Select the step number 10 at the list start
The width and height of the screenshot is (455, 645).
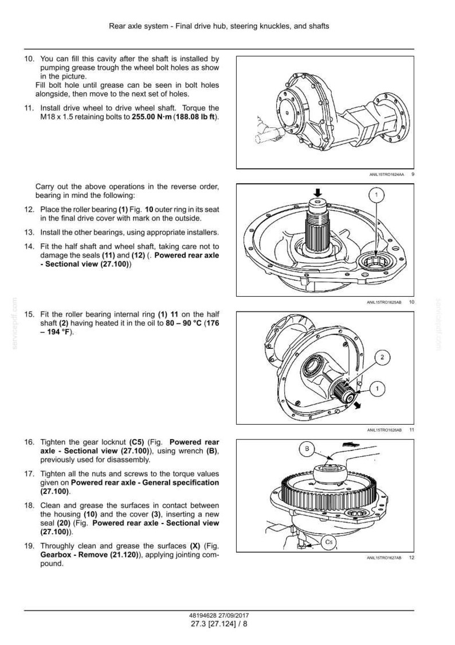coord(29,59)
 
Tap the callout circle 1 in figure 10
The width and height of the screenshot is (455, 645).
coord(377,195)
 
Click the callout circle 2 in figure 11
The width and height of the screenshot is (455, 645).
coord(382,356)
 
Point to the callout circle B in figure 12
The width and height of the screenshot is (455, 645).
coord(307,449)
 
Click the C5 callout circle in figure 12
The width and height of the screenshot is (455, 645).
coord(328,542)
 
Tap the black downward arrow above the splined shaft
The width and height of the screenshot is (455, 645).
coord(317,192)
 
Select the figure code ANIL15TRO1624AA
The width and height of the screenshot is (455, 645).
coord(386,174)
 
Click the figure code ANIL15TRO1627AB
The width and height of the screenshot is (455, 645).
coord(384,558)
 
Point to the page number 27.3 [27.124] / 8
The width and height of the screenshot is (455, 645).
coord(219,624)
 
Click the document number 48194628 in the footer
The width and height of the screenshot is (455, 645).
coord(203,616)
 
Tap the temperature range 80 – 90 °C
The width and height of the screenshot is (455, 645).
coord(183,323)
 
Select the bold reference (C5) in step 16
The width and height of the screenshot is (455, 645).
coord(136,442)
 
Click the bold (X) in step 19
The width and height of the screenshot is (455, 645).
coord(195,546)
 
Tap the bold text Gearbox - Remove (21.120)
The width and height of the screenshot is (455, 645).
coord(89,555)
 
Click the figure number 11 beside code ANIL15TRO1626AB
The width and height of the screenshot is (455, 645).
coord(412,430)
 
